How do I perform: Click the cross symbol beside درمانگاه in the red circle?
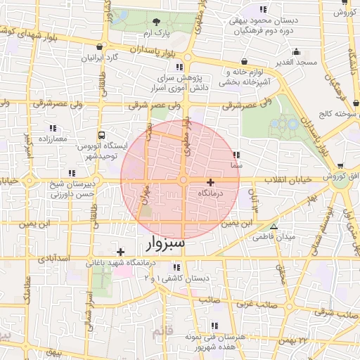pos(210,181)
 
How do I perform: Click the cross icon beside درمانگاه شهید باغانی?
pos(121,251)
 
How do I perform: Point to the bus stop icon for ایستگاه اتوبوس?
pos(102,135)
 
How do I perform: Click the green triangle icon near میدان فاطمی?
pos(274,226)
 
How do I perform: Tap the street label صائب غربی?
pos(253,304)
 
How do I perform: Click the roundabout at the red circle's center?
pos(183,181)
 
